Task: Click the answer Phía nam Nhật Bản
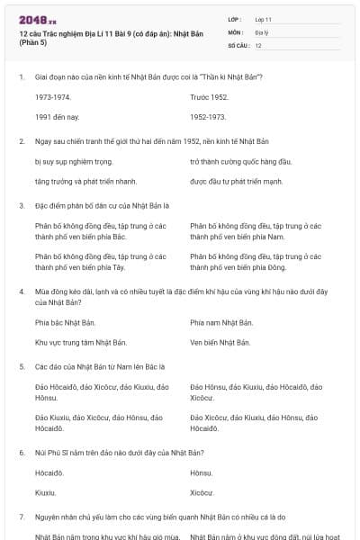[221, 321]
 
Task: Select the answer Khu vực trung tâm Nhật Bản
[81, 342]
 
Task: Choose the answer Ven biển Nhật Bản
[220, 342]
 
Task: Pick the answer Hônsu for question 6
[202, 472]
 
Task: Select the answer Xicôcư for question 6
[202, 492]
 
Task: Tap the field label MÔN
[236, 31]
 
